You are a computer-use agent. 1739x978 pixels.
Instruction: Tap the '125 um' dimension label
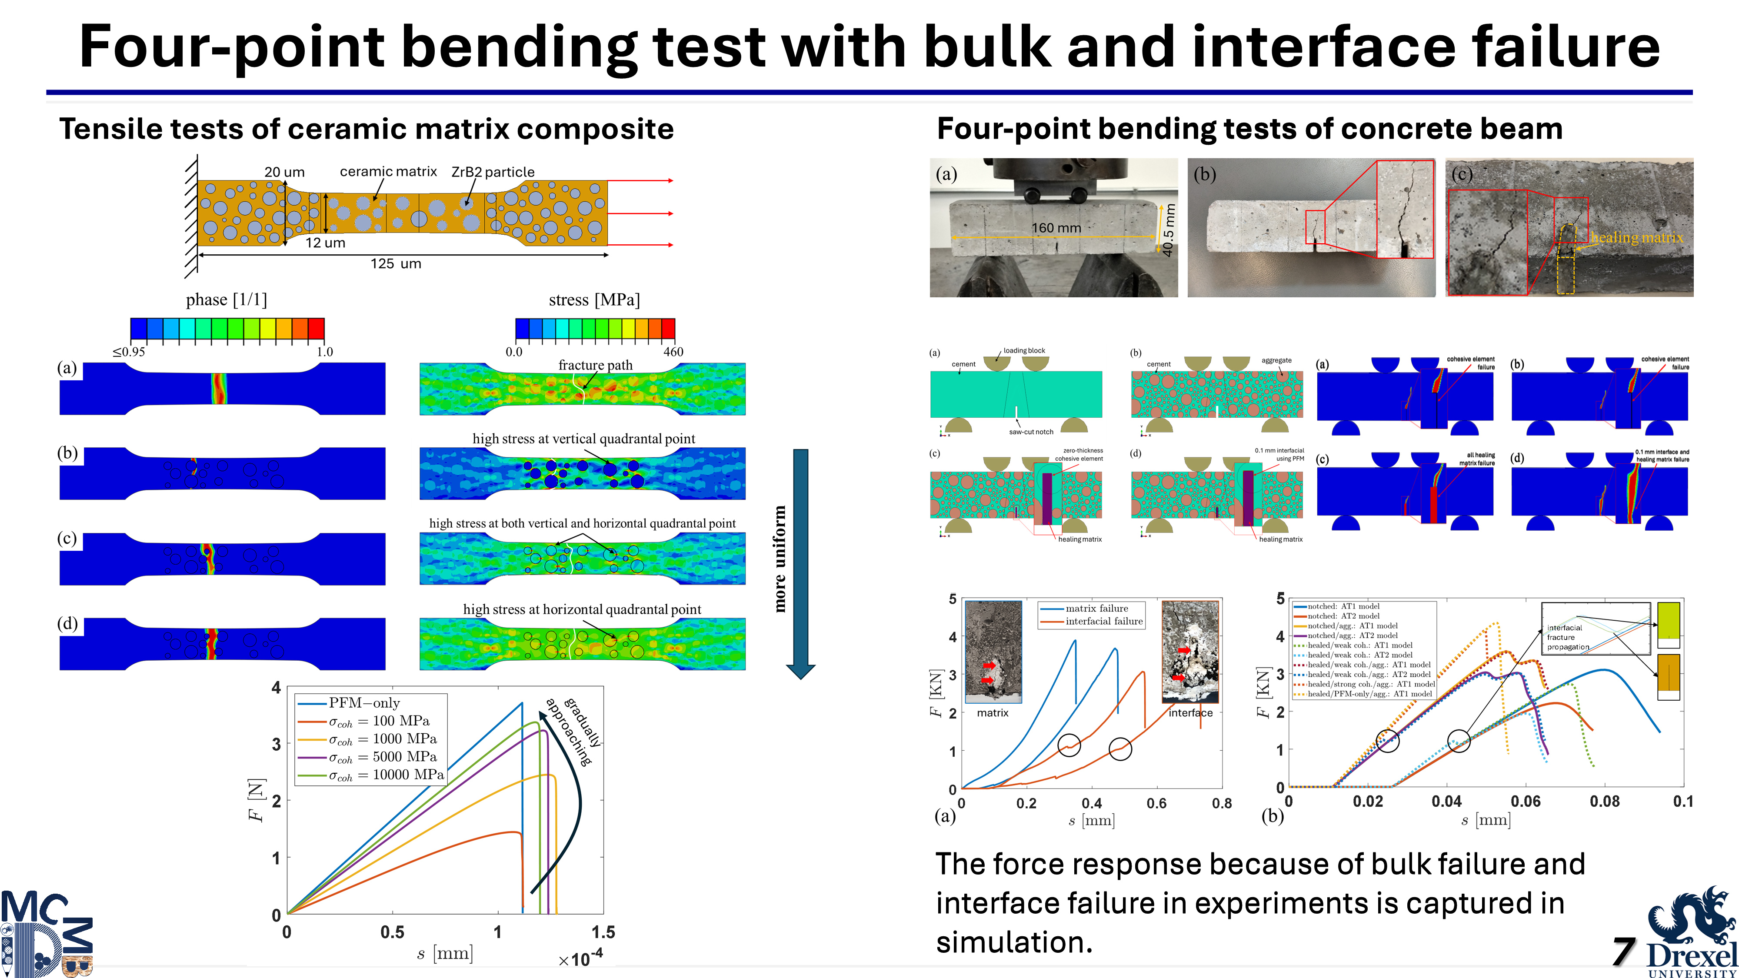click(x=396, y=264)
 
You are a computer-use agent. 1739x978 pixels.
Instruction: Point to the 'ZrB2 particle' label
click(x=493, y=172)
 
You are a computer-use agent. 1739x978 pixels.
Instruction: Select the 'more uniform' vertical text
click(x=780, y=559)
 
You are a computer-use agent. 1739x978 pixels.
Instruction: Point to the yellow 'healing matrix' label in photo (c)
click(x=1636, y=238)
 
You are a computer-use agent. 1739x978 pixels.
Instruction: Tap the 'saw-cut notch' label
click(x=1031, y=432)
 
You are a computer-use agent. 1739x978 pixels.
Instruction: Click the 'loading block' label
click(x=1024, y=351)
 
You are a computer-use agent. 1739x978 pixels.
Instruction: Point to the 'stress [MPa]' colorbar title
click(x=594, y=299)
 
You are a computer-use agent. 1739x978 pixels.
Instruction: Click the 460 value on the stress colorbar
click(x=673, y=352)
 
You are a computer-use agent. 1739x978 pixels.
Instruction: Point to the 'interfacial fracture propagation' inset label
click(x=1568, y=637)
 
